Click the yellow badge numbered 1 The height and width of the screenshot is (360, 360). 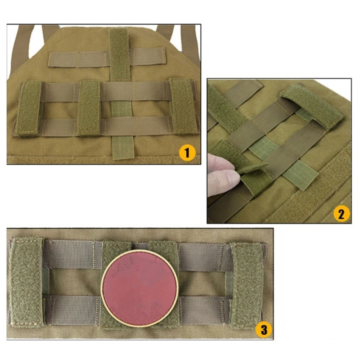point(187,153)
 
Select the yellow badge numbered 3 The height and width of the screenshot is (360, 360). point(264,329)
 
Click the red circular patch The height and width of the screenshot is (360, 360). point(139,288)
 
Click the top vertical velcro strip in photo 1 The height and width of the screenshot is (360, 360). point(119,54)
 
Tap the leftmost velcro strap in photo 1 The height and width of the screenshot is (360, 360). point(29,108)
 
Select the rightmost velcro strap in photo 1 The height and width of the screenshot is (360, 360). point(183,106)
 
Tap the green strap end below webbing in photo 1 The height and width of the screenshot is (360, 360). point(123,147)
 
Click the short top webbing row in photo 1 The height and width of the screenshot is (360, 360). point(107,57)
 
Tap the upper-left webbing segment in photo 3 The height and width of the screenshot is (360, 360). point(73,254)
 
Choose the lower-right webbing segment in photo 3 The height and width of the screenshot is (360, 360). point(204,310)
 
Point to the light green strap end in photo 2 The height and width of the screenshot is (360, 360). point(300,175)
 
